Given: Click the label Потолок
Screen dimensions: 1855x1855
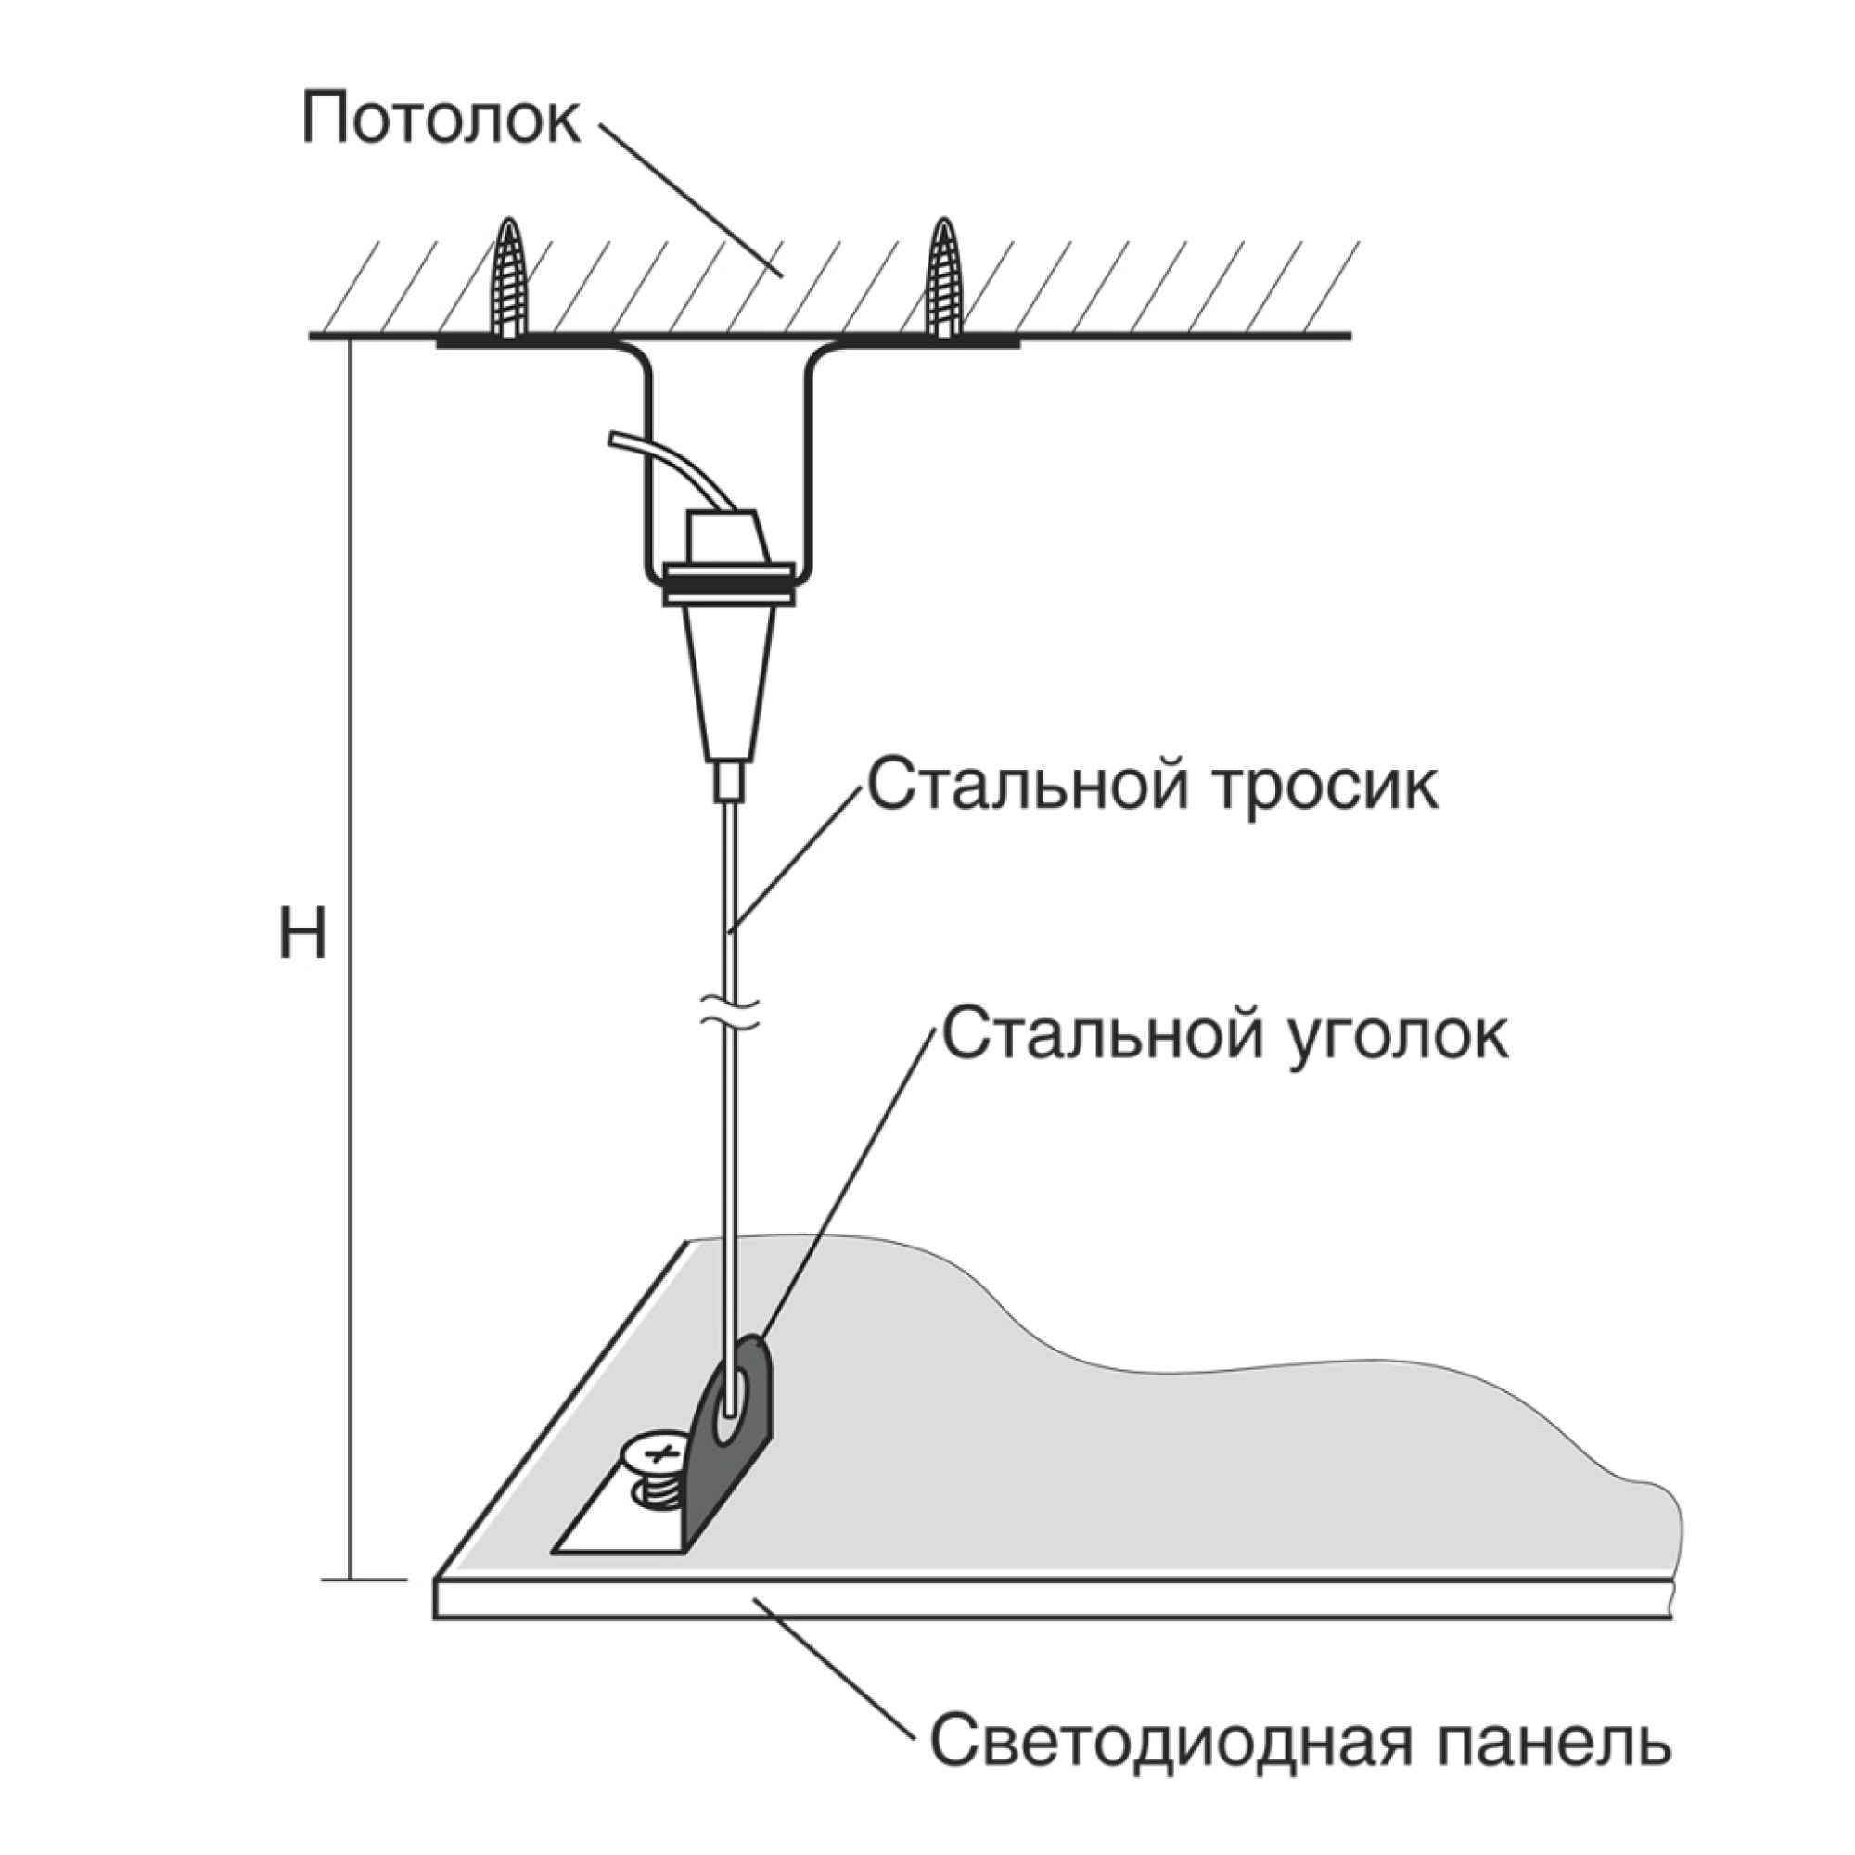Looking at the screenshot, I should (440, 120).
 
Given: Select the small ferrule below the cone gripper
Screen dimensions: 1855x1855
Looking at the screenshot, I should (731, 781).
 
